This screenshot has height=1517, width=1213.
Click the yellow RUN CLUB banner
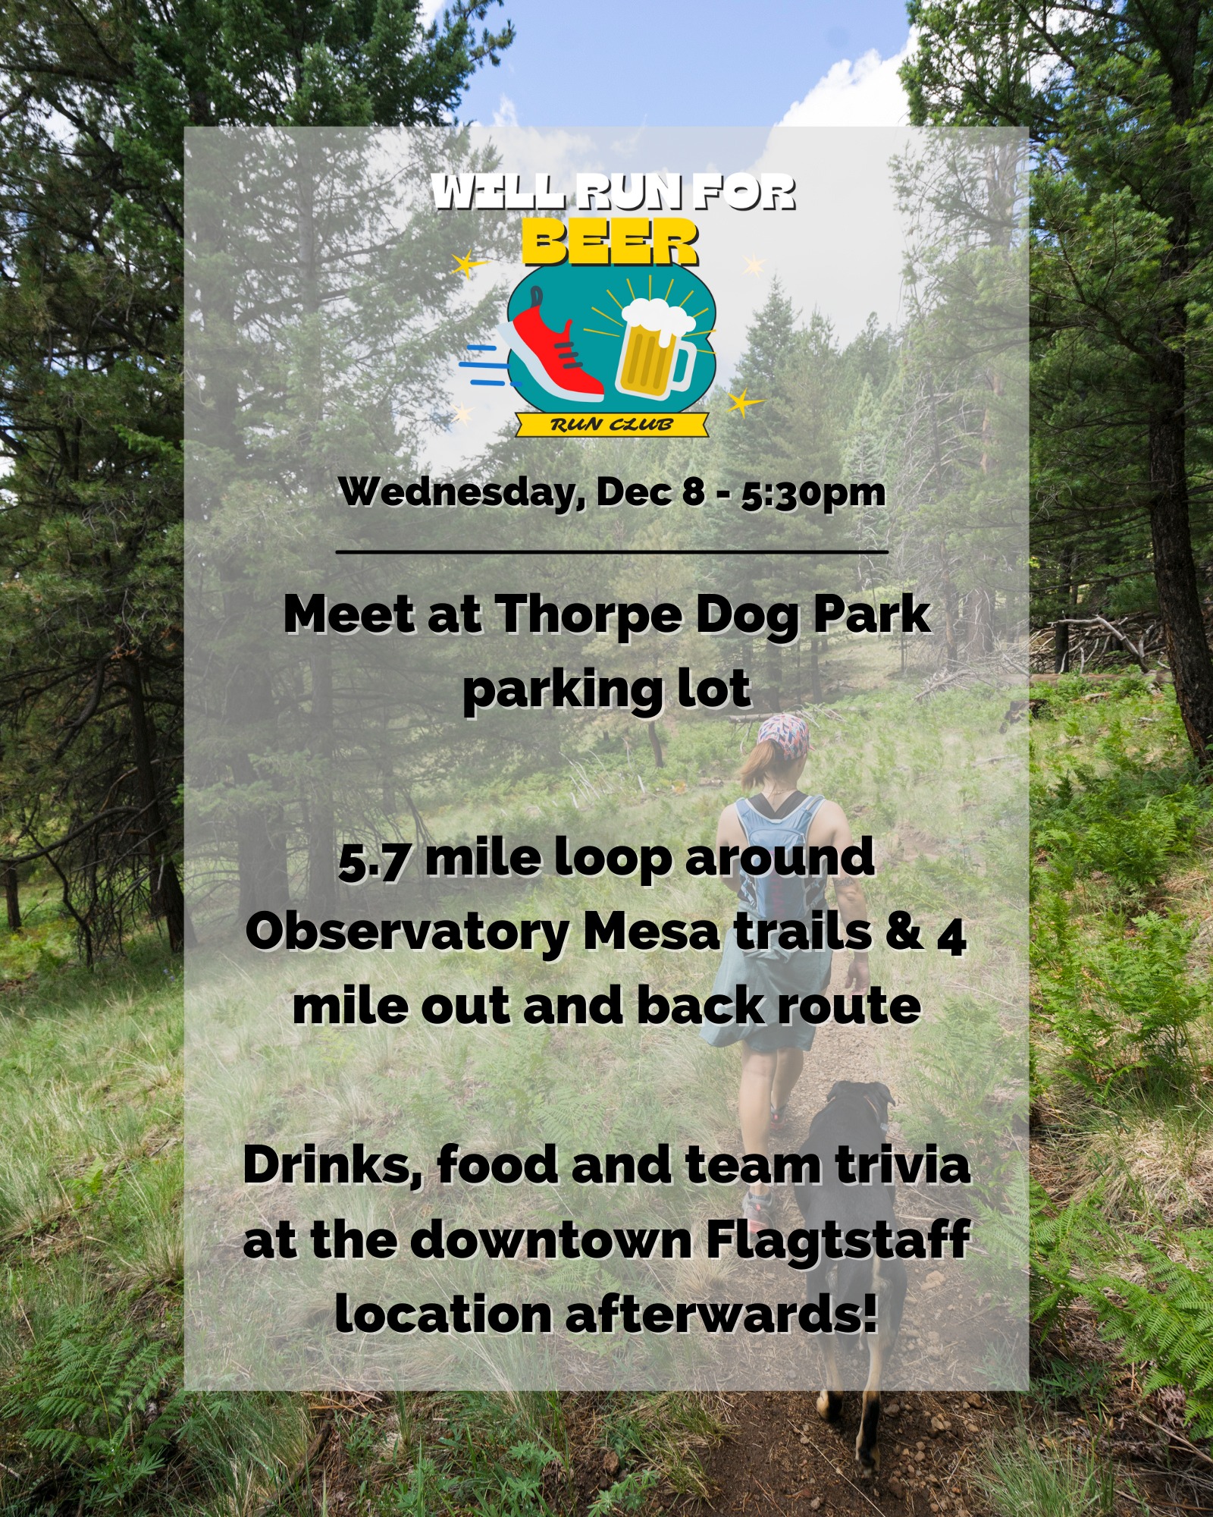[612, 424]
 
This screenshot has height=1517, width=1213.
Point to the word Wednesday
[462, 492]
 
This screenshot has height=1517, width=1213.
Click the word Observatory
[408, 934]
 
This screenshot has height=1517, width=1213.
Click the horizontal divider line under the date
[611, 551]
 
